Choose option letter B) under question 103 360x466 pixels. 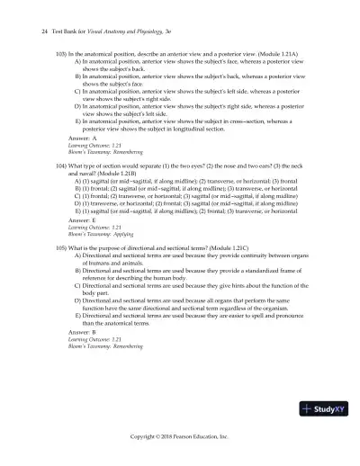[78, 77]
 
